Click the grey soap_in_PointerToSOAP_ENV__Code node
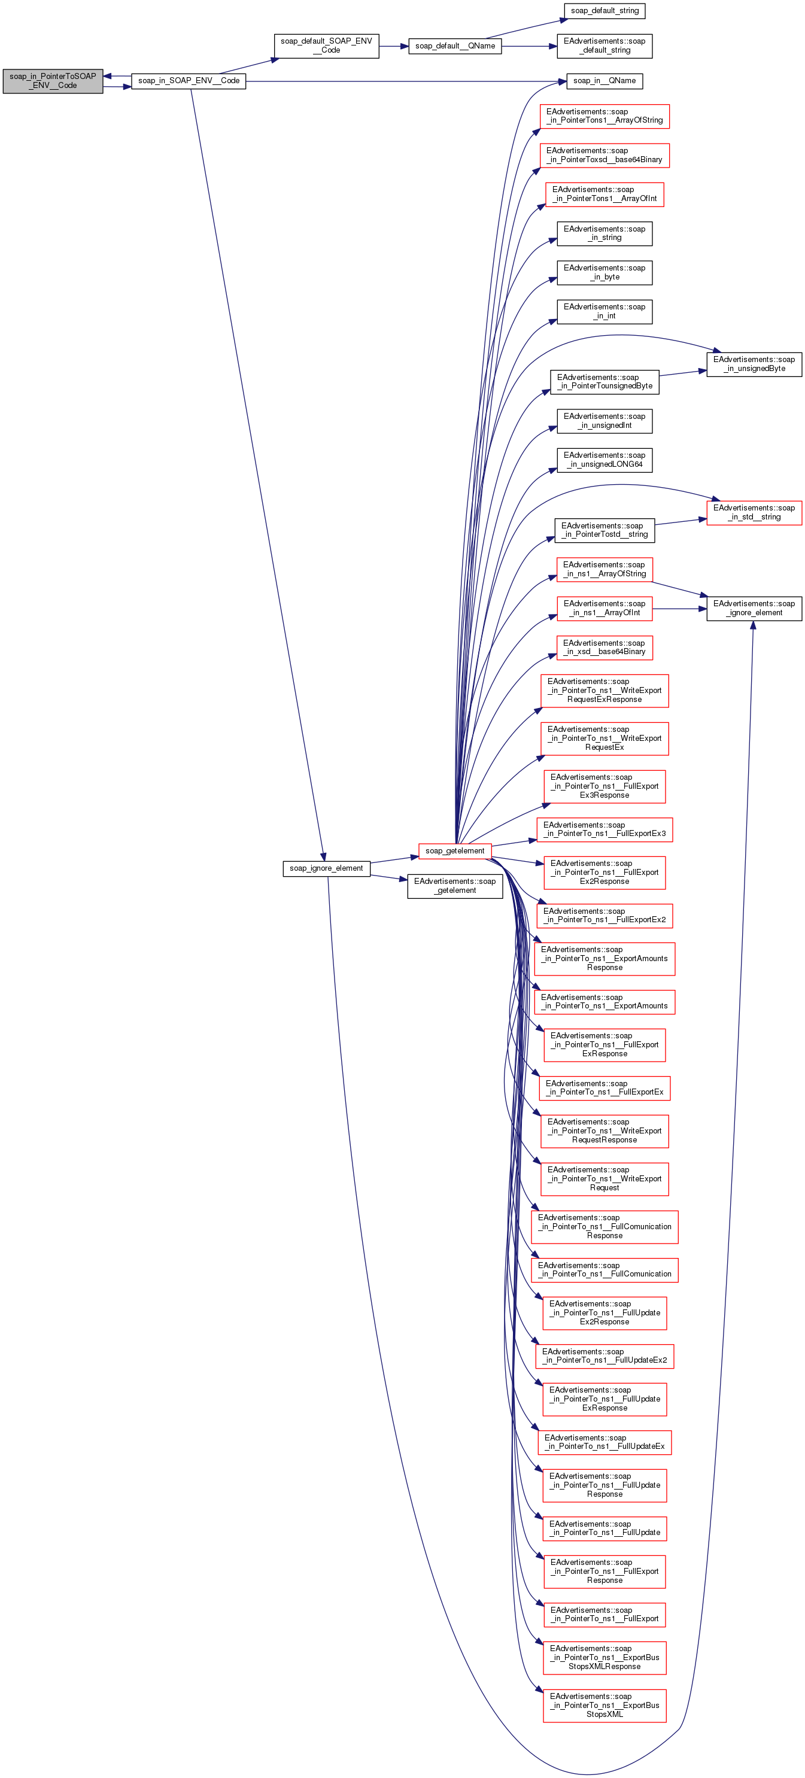click(x=53, y=81)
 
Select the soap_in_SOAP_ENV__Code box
click(x=189, y=81)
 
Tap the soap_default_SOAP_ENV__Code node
click(x=326, y=45)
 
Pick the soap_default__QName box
click(x=455, y=46)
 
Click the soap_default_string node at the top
click(x=604, y=11)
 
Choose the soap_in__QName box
click(x=604, y=81)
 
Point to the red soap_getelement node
click(x=454, y=850)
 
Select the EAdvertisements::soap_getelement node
click(x=454, y=886)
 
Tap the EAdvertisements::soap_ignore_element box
click(x=754, y=608)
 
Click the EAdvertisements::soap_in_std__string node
click(x=754, y=512)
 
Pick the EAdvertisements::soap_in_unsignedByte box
click(x=754, y=364)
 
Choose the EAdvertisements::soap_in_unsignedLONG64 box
click(x=604, y=460)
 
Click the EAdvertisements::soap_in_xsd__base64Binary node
click(x=604, y=648)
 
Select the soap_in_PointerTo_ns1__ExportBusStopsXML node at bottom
click(x=604, y=1705)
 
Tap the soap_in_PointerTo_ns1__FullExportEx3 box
click(x=604, y=829)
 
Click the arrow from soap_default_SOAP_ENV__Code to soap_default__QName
click(x=394, y=46)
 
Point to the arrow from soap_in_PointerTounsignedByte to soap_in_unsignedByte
click(x=682, y=373)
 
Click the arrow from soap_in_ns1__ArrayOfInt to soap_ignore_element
click(x=679, y=609)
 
